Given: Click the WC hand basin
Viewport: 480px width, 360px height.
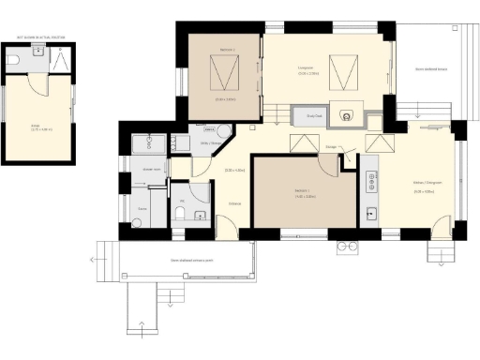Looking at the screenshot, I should (199, 217).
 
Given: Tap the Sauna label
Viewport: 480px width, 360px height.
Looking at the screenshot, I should (142, 208).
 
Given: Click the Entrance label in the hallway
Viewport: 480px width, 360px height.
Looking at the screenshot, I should (234, 203).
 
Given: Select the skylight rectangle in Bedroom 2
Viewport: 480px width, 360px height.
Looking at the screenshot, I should (223, 70).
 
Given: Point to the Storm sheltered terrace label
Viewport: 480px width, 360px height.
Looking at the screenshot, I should (430, 68).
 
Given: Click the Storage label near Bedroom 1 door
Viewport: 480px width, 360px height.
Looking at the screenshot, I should (331, 147).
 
